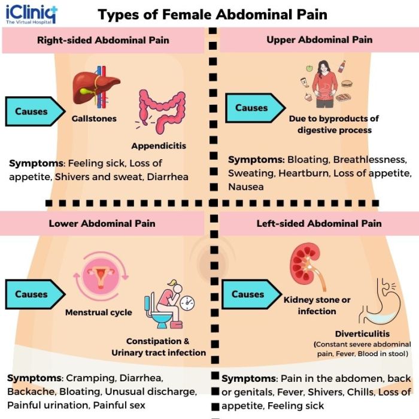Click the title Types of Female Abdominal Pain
[x=212, y=14]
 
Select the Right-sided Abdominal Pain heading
[x=103, y=41]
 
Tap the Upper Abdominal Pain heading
[x=320, y=40]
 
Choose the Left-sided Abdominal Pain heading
[x=319, y=223]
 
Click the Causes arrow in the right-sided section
[x=35, y=111]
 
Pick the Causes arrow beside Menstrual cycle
[x=35, y=294]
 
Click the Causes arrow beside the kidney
[x=252, y=294]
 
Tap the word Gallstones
[x=94, y=119]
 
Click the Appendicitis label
[x=159, y=145]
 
